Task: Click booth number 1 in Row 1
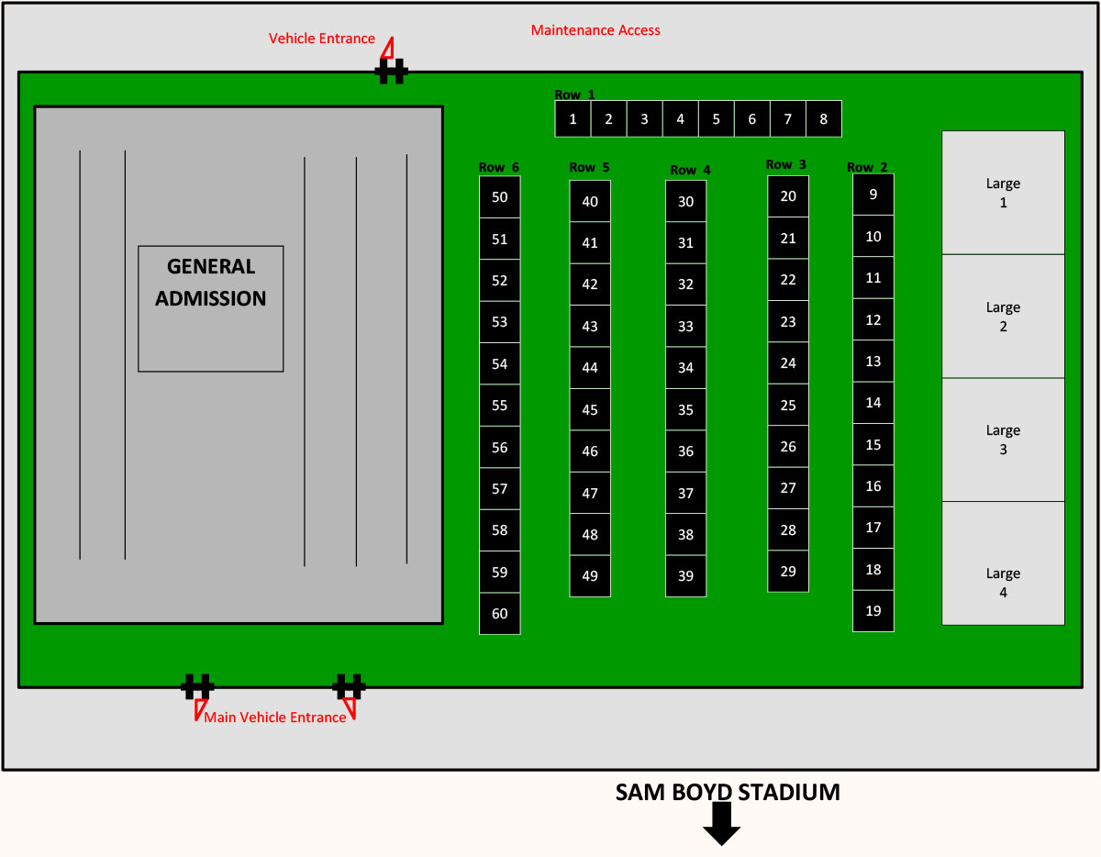[x=573, y=118]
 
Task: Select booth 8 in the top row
[x=823, y=118]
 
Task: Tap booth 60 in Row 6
[x=500, y=613]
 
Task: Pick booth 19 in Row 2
[x=873, y=611]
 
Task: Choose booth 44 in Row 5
[x=590, y=367]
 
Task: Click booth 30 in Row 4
[x=685, y=201]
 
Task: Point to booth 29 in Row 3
[x=788, y=571]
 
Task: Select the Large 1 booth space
[x=1003, y=193]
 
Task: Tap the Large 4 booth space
[x=1003, y=563]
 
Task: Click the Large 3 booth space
[x=1003, y=440]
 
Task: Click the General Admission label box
[x=211, y=309]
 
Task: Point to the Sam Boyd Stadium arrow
[x=721, y=824]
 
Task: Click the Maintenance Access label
[x=595, y=30]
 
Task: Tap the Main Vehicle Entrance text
[x=275, y=718]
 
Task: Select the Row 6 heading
[x=499, y=167]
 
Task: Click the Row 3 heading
[x=786, y=164]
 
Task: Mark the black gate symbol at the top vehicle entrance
[x=391, y=72]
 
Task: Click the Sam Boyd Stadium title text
[x=728, y=792]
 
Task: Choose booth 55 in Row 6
[x=500, y=406]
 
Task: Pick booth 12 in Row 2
[x=873, y=319]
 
